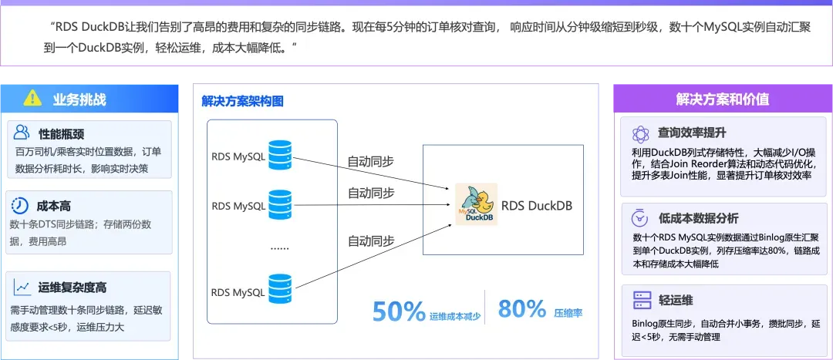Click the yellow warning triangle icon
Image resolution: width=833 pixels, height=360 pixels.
(32, 98)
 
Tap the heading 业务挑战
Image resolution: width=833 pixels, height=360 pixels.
(79, 99)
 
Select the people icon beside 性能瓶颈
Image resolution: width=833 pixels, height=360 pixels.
(22, 132)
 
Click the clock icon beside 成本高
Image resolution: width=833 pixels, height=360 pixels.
(21, 206)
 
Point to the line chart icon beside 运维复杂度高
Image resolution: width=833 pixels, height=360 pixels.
(22, 287)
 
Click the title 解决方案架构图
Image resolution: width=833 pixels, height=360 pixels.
(243, 101)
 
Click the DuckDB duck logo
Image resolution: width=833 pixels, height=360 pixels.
(476, 206)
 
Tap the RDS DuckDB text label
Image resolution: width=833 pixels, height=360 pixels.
(537, 206)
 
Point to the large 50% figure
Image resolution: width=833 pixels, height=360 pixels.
(399, 311)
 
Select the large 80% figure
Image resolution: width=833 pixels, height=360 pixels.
(522, 309)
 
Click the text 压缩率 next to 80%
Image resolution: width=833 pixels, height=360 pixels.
(568, 313)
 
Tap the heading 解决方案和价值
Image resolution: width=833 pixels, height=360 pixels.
(722, 99)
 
